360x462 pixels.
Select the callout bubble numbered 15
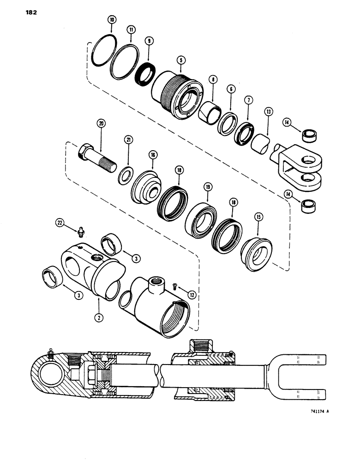(258, 216)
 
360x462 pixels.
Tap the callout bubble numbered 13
(268, 111)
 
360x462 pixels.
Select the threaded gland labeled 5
(178, 90)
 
